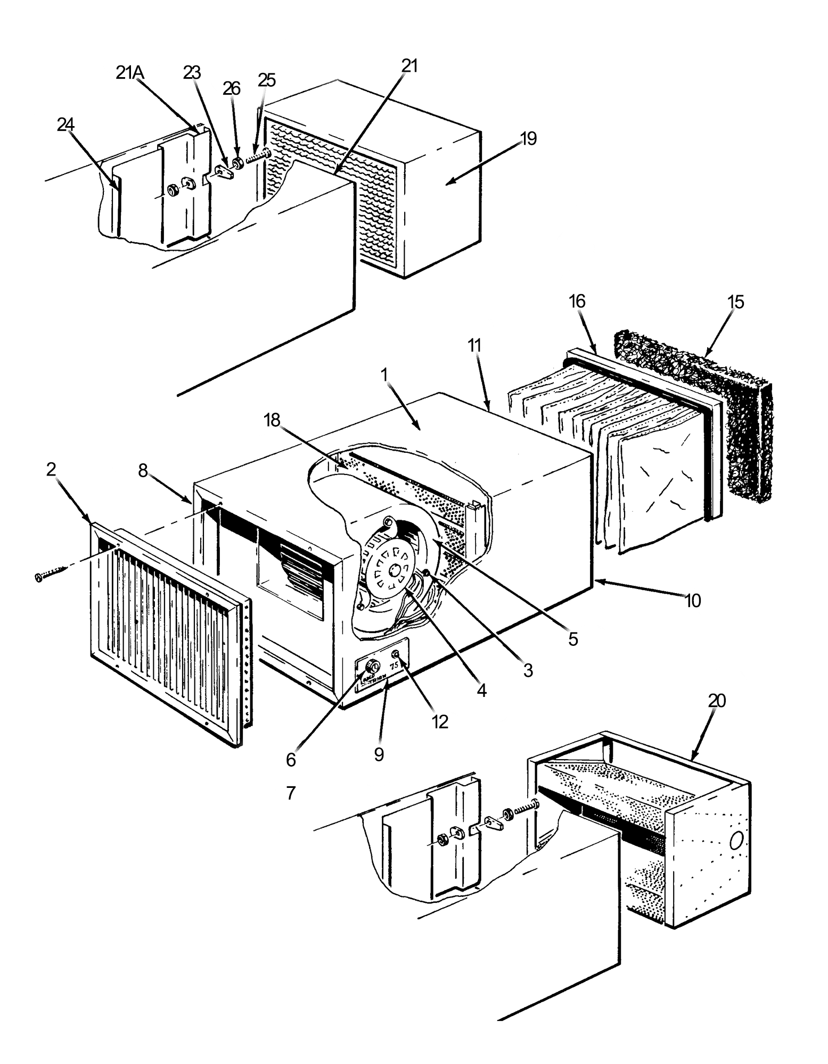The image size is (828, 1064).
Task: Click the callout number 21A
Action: coord(129,73)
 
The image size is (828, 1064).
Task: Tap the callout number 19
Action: coord(528,139)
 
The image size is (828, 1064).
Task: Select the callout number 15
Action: coord(735,302)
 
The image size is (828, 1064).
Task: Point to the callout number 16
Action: coord(577,302)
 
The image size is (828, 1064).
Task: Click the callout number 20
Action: coord(717,701)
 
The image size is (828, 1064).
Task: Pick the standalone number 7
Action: coord(290,793)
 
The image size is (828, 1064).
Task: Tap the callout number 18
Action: coord(272,420)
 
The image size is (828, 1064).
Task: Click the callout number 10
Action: coord(692,601)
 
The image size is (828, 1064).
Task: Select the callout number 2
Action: coord(51,469)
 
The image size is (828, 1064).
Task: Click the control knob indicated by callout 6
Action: coord(373,666)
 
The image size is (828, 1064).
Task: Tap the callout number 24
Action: coord(65,125)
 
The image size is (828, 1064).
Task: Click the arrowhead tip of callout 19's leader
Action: coord(446,184)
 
